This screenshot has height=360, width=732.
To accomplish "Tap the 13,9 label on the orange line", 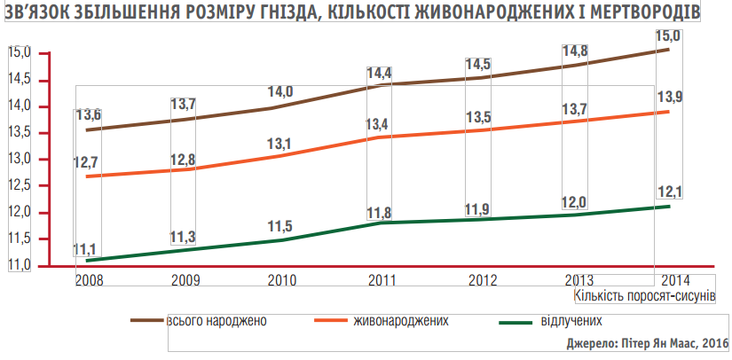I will point(670,96).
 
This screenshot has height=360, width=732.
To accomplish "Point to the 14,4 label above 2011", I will point(379,71).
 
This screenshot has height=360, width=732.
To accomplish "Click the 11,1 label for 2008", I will point(86,249).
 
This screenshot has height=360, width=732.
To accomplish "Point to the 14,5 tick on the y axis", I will point(20,80).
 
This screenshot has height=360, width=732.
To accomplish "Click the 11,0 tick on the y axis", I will point(20,265).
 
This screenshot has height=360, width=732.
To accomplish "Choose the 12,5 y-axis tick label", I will point(20,185).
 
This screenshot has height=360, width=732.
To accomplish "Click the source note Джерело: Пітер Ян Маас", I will point(646,343).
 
